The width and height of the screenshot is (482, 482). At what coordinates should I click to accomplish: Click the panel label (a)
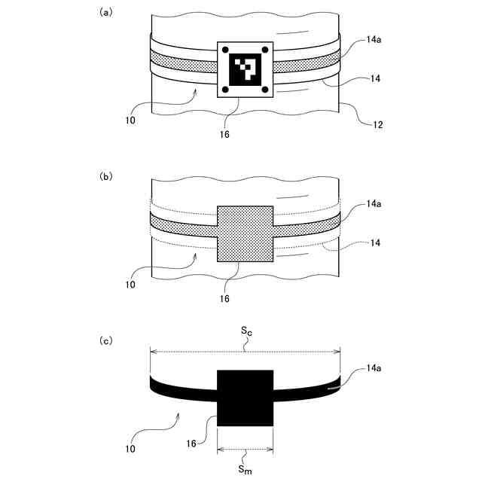pyautogui.click(x=106, y=12)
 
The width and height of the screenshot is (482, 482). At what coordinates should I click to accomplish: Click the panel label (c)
pyautogui.click(x=106, y=340)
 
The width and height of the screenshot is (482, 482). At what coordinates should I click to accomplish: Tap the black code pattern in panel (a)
pyautogui.click(x=245, y=69)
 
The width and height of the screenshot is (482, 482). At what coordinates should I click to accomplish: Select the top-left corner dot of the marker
pyautogui.click(x=225, y=50)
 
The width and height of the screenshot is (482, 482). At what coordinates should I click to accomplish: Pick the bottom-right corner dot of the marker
pyautogui.click(x=265, y=90)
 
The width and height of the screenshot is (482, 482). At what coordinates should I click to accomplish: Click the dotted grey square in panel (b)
pyautogui.click(x=245, y=233)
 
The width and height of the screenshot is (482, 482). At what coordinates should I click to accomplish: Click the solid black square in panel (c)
pyautogui.click(x=245, y=398)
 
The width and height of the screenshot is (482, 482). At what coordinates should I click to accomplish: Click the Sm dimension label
pyautogui.click(x=246, y=470)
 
